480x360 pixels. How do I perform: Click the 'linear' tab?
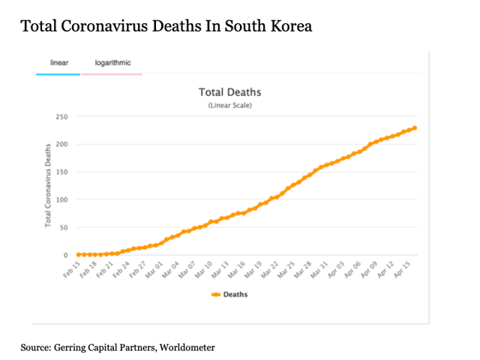tap(59, 63)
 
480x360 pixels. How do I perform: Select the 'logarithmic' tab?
tap(112, 63)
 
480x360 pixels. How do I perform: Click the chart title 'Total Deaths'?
tap(229, 92)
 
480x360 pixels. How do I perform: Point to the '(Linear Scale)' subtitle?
tap(229, 106)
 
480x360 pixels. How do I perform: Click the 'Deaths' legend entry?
tap(229, 294)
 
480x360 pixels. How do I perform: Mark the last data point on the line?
tap(415, 128)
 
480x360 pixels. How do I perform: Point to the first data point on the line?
tap(78, 255)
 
